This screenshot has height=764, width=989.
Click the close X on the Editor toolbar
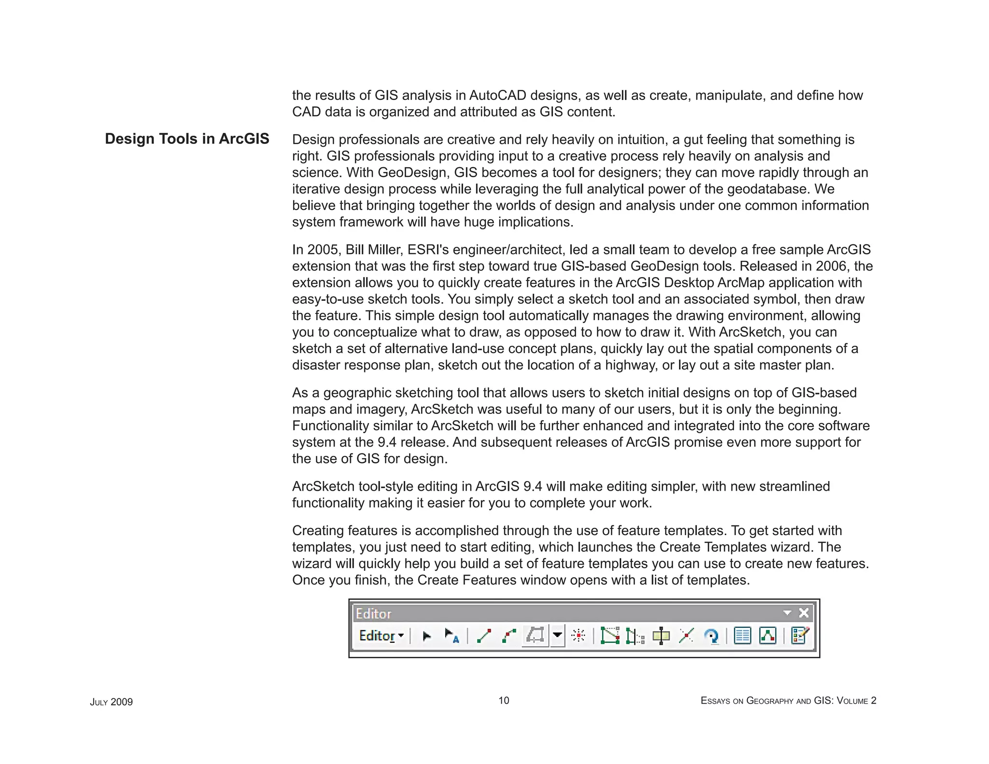[x=804, y=613]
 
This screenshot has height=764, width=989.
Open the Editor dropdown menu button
[x=381, y=636]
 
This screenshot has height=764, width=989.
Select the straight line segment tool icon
[x=484, y=636]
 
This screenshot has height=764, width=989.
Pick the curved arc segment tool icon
[x=509, y=636]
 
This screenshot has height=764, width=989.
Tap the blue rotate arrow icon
[x=711, y=636]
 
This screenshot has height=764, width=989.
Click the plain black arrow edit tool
[x=426, y=636]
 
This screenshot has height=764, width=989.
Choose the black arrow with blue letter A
[x=452, y=636]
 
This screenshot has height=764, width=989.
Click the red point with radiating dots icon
[x=578, y=636]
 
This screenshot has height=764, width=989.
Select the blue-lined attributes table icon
[x=742, y=636]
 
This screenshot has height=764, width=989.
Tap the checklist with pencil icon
[x=800, y=636]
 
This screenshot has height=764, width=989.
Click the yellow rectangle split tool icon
[x=661, y=636]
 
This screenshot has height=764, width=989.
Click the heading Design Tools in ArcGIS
[x=187, y=139]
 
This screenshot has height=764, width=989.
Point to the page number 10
[x=504, y=701]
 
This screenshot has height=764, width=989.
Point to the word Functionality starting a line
[x=329, y=426]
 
